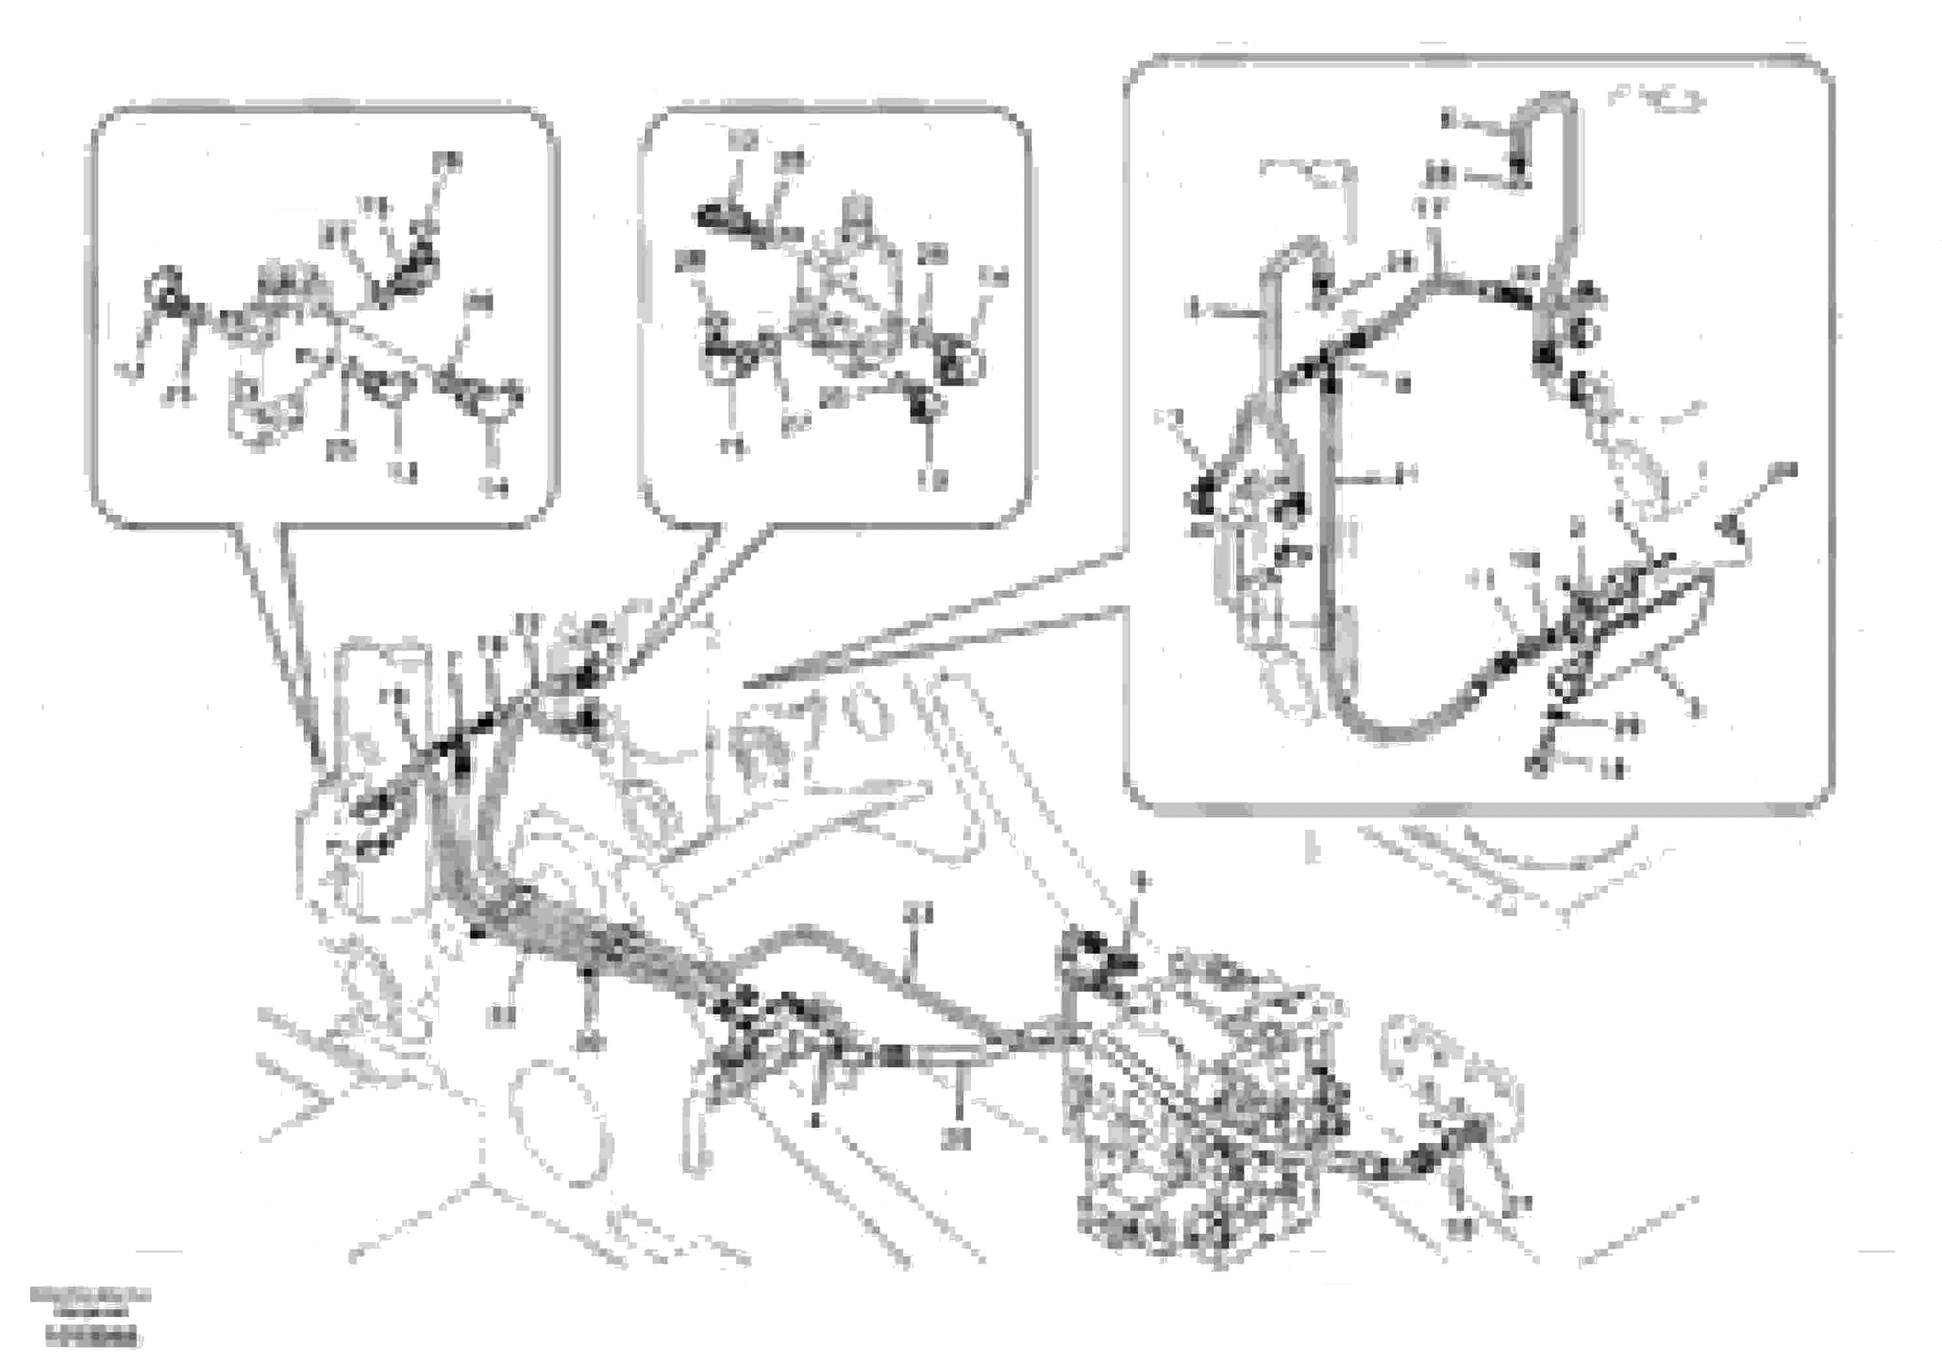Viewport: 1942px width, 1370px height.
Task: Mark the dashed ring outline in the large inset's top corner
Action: (x=1657, y=100)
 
